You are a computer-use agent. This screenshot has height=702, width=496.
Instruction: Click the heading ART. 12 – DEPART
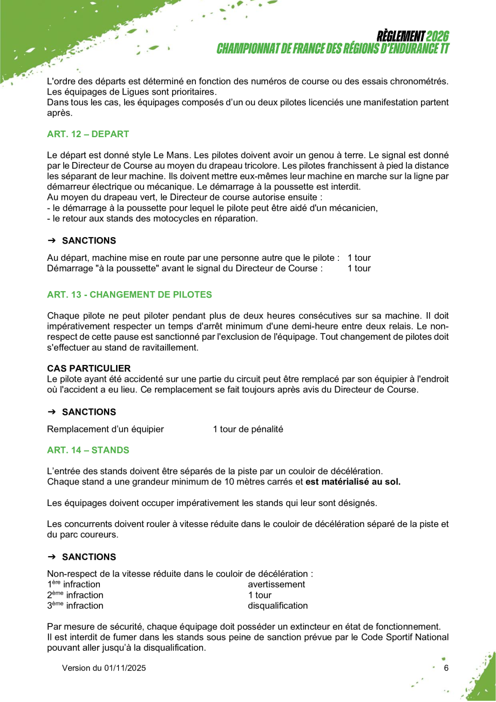point(88,134)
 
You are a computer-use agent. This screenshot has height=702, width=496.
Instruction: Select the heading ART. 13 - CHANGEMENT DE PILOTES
point(130,295)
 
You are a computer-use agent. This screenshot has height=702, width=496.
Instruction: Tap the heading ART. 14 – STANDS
point(88,450)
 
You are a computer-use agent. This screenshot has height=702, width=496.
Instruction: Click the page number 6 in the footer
point(446,668)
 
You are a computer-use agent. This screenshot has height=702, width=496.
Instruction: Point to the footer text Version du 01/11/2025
point(104,668)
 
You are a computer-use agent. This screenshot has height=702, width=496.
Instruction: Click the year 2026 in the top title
point(437,36)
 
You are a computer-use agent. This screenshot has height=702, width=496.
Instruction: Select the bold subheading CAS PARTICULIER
point(89,368)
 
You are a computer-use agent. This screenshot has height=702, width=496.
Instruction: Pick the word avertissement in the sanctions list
point(276,584)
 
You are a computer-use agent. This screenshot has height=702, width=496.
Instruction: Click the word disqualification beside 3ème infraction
point(278,605)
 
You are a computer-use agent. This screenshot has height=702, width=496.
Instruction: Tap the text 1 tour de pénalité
point(248,429)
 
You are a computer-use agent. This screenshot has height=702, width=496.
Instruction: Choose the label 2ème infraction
point(76,595)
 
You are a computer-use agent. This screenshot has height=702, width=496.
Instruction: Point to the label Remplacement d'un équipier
point(106,429)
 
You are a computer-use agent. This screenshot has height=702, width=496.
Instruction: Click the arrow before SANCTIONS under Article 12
point(52,241)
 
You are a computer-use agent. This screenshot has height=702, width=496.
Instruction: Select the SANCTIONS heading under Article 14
point(89,557)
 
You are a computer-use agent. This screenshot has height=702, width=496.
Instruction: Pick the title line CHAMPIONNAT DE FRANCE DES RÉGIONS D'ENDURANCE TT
point(333,49)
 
